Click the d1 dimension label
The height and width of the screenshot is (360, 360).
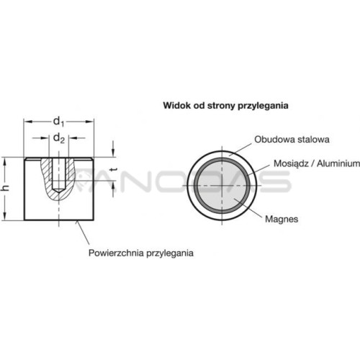click(x=59, y=122)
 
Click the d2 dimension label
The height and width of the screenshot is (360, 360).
click(x=59, y=138)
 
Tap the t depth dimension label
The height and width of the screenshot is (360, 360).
click(x=114, y=170)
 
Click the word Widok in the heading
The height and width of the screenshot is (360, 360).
click(x=174, y=105)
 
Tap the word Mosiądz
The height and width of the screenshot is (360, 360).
click(x=291, y=163)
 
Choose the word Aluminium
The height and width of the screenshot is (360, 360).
click(x=338, y=163)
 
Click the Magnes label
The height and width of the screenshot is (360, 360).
click(x=282, y=219)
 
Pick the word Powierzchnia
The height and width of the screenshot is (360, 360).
click(x=116, y=253)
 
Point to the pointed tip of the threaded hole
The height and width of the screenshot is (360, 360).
click(x=58, y=192)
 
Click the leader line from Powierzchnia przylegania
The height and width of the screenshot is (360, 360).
click(x=83, y=233)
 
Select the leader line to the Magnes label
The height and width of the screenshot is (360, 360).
click(x=248, y=207)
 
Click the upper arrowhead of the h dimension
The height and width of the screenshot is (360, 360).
click(x=5, y=161)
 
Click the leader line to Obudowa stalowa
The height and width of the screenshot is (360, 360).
click(x=240, y=150)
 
